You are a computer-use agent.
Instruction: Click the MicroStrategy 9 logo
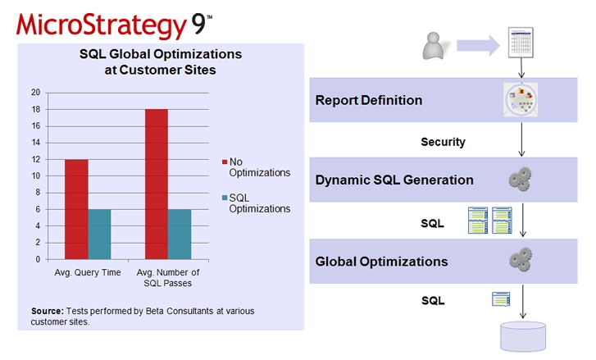114,26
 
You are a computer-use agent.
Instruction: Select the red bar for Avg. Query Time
76,209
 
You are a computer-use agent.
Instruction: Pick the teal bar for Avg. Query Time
99,235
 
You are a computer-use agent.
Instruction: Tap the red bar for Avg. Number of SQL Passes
157,185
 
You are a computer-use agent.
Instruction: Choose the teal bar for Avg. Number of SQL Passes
180,235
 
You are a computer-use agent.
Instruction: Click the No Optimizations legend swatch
225,162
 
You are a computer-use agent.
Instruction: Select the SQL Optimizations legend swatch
225,198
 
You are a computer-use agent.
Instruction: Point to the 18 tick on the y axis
36,110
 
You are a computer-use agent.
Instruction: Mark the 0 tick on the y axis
38,260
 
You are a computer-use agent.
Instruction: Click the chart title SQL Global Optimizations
161,54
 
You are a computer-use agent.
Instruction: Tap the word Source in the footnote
47,311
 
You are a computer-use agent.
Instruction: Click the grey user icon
434,46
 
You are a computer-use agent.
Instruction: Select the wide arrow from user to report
478,46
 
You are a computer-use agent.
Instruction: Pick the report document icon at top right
521,42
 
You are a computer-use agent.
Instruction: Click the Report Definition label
369,100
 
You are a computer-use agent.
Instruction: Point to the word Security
443,142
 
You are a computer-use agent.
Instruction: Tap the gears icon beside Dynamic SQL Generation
521,179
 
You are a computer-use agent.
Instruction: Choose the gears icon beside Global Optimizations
521,260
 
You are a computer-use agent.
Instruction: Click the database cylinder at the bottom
523,336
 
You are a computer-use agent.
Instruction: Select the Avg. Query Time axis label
88,272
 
